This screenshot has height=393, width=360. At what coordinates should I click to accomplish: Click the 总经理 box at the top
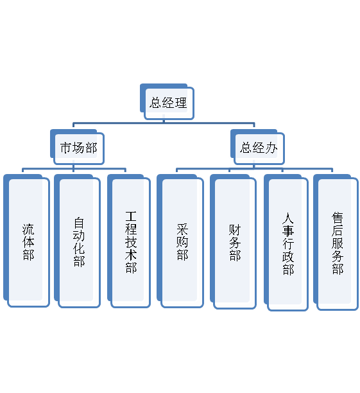tap(167, 101)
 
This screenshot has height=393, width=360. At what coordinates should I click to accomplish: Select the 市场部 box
tap(78, 147)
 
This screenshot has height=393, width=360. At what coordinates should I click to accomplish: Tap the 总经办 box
tap(258, 147)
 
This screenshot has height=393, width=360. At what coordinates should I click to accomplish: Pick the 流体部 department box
tap(27, 241)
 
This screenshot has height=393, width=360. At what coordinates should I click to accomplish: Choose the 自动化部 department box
tap(78, 241)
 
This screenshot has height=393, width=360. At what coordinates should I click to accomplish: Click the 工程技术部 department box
tap(129, 241)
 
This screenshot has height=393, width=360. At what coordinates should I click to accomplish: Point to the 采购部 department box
tap(180, 241)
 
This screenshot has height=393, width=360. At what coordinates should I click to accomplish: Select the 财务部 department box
tap(234, 242)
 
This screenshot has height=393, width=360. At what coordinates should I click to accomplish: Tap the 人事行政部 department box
tap(286, 243)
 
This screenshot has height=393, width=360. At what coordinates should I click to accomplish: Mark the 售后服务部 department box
tap(336, 243)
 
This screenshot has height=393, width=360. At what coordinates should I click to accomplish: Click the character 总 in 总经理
tap(155, 102)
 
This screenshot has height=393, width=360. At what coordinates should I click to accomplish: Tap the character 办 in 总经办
tap(271, 148)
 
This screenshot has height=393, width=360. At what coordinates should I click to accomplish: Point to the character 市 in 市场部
tap(66, 148)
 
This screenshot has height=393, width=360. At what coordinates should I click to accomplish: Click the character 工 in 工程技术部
tap(131, 216)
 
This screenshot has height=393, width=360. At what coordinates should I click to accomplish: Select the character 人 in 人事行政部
tap(287, 218)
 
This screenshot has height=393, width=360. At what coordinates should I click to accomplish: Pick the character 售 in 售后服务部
tap(337, 218)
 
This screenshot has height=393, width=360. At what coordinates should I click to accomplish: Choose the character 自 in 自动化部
tap(79, 222)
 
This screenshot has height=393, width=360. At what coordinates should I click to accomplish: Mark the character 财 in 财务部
tap(235, 229)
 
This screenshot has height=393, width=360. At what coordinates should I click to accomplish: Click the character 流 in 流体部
tap(28, 229)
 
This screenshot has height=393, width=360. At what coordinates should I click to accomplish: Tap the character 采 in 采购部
tap(182, 229)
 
